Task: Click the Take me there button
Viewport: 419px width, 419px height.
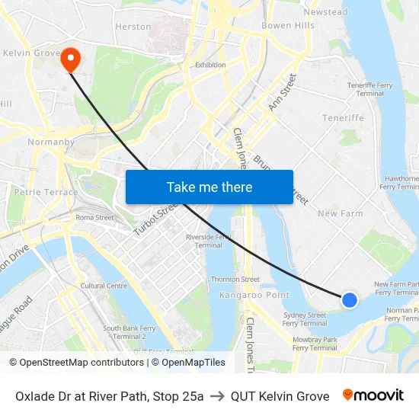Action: click(209, 187)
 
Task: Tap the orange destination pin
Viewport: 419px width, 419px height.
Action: click(70, 59)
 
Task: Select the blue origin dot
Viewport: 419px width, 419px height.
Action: click(350, 299)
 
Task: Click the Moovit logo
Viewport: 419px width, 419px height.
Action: click(373, 395)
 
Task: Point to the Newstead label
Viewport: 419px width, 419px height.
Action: click(325, 12)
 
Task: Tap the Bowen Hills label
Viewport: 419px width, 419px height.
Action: click(287, 25)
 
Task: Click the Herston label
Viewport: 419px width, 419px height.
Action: click(133, 26)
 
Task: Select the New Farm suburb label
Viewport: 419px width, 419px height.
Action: click(340, 213)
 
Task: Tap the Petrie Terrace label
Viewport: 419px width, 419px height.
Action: click(46, 192)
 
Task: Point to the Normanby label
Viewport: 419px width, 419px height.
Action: click(50, 142)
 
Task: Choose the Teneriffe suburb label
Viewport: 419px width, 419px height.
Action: click(343, 118)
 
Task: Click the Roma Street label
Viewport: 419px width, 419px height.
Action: click(94, 217)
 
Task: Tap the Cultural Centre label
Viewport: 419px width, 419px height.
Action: click(104, 286)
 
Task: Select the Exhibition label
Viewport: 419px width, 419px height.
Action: click(210, 65)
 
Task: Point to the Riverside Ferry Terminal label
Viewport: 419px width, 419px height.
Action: click(209, 241)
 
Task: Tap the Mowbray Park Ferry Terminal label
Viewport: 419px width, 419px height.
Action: click(315, 343)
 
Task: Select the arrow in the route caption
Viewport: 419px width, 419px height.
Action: click(217, 396)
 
